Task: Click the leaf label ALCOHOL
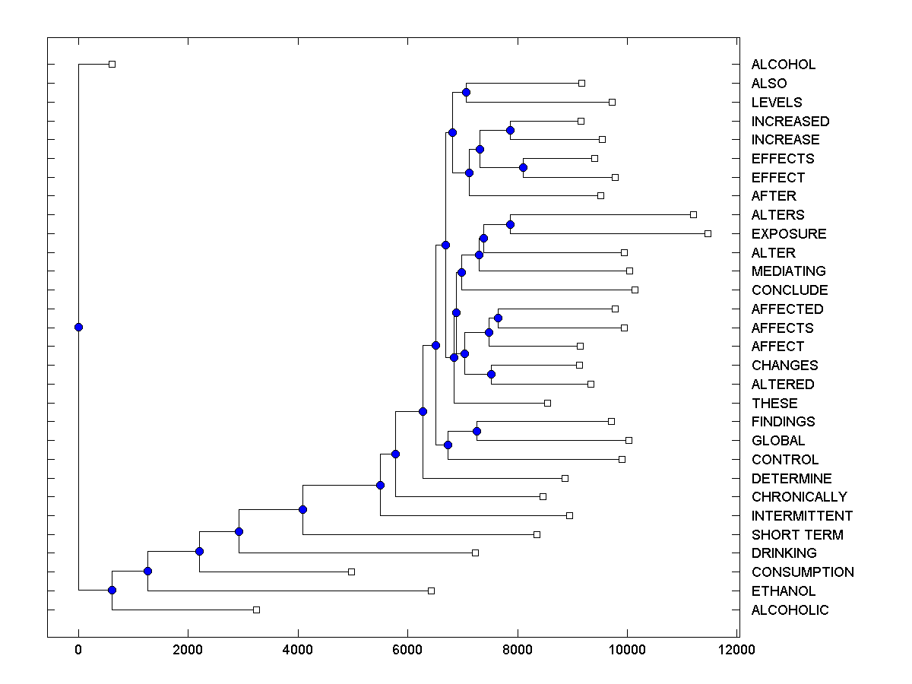click(x=783, y=65)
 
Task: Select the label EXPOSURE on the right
click(x=788, y=233)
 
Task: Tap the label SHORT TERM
click(x=796, y=534)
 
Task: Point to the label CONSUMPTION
click(x=802, y=572)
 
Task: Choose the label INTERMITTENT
click(x=802, y=516)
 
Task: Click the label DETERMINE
click(x=791, y=478)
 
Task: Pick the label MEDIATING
click(x=788, y=271)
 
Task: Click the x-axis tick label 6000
click(x=407, y=650)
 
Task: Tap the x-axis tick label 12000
click(x=736, y=650)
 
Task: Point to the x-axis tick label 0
click(x=78, y=650)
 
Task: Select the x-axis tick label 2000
click(x=188, y=650)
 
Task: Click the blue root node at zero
click(x=78, y=327)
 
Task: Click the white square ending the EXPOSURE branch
click(x=708, y=233)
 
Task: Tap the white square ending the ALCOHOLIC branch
click(x=256, y=610)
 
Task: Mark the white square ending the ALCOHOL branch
click(x=112, y=64)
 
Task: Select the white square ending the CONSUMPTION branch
click(x=351, y=572)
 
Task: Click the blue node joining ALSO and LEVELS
click(x=466, y=92)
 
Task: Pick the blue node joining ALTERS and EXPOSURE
click(x=510, y=224)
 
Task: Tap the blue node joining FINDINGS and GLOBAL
click(x=477, y=431)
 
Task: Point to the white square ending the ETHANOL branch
click(x=431, y=591)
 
